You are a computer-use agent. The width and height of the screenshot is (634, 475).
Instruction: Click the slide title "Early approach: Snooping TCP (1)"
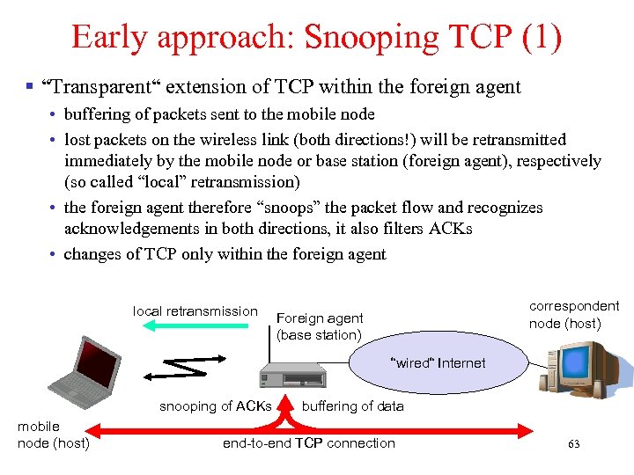(316, 37)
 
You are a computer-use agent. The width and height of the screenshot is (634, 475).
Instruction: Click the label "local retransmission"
(195, 311)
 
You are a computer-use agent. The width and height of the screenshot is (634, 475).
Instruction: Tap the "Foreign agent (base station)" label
(319, 326)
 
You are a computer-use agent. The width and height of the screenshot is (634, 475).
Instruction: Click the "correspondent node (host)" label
(573, 314)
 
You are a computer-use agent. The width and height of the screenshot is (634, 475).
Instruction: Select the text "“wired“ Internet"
(438, 362)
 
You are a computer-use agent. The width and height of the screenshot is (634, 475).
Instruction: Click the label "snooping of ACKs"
(215, 406)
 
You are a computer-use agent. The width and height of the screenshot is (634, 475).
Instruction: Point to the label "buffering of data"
(352, 406)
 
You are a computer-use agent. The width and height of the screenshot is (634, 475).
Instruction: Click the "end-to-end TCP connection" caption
(308, 442)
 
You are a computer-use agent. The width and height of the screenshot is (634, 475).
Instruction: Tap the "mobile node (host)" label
(53, 435)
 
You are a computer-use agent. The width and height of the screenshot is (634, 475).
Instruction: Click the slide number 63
(573, 444)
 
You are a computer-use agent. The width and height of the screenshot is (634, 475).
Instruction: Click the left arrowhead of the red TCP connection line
(100, 430)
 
